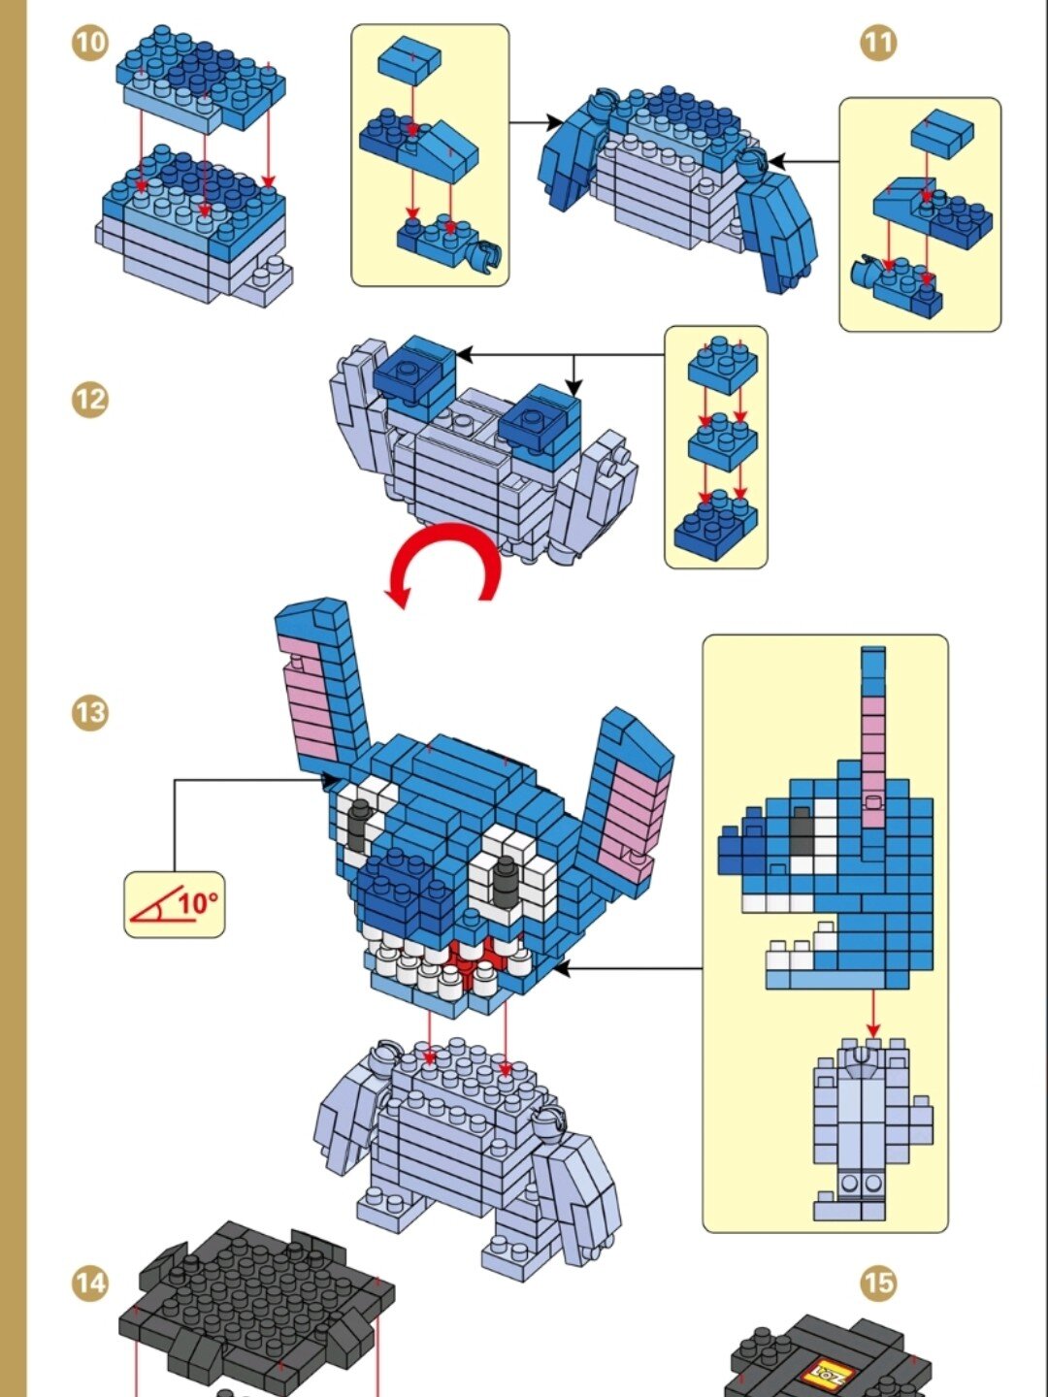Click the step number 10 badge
click(x=90, y=44)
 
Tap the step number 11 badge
click(x=879, y=43)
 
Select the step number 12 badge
click(x=89, y=399)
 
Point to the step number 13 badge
click(x=89, y=711)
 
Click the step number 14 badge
click(x=89, y=1283)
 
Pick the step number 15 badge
click(x=879, y=1283)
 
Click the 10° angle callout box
click(x=175, y=904)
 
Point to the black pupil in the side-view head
click(x=802, y=831)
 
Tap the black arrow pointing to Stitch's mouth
click(x=629, y=968)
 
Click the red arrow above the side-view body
click(x=873, y=1013)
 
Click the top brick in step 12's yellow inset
click(x=723, y=365)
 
